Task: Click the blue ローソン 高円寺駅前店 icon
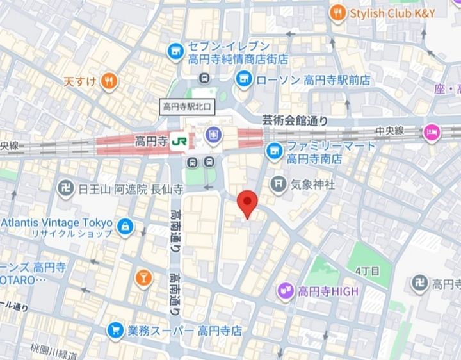click(243, 79)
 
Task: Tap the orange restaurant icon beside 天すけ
click(109, 81)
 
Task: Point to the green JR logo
click(180, 141)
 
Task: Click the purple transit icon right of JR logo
click(213, 135)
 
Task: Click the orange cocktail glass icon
click(143, 277)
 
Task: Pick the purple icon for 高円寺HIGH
click(285, 292)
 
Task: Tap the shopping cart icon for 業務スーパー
click(115, 331)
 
